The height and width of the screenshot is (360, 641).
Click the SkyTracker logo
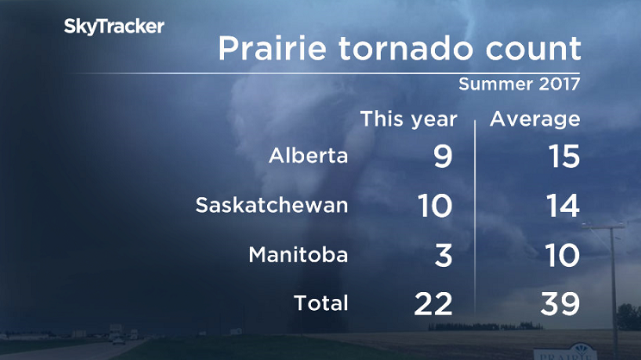114,27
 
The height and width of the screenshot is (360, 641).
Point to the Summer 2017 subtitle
519,85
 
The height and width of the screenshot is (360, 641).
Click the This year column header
408,119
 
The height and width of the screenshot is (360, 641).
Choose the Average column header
535,119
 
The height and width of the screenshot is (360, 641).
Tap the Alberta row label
308,157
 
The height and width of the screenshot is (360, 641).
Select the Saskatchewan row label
271,206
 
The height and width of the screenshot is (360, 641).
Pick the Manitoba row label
298,255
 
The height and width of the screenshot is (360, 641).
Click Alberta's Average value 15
559,157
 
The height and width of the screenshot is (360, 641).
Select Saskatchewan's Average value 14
559,206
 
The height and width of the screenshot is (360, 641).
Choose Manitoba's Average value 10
559,255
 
